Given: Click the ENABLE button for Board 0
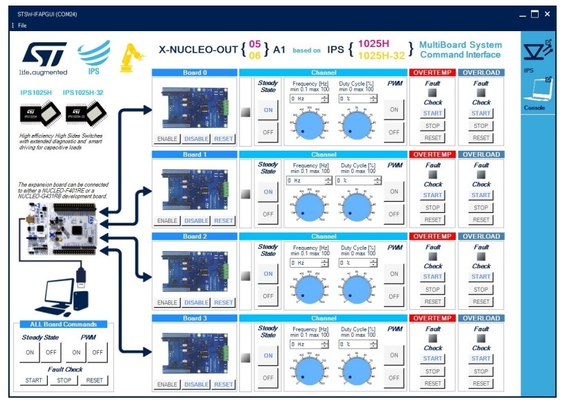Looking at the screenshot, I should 167,139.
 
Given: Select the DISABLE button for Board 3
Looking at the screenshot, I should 196,385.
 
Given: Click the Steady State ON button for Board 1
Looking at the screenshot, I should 268,192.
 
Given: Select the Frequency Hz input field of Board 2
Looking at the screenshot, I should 304,263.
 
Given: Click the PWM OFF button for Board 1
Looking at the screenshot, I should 394,214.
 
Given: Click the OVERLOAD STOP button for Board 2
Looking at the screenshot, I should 481,290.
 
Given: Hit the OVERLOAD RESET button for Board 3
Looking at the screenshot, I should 481,383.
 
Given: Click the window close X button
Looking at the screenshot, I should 547,14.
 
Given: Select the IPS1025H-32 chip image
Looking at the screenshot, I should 82,114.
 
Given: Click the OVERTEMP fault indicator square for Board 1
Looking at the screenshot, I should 433,174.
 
